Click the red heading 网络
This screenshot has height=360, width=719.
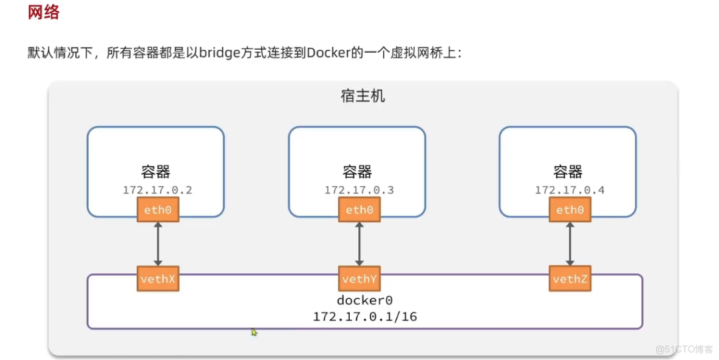(x=44, y=13)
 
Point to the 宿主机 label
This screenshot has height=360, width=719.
(x=363, y=97)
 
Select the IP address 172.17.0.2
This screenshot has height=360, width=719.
(x=157, y=190)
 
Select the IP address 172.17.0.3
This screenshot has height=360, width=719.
(x=359, y=190)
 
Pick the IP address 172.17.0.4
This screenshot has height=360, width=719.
(x=570, y=190)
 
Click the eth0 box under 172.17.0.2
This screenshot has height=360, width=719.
(x=158, y=210)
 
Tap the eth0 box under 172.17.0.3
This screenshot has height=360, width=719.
(x=359, y=210)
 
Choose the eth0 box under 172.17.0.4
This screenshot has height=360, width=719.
(x=570, y=210)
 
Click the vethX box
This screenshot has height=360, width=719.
(x=158, y=279)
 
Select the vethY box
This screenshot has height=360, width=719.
(x=359, y=279)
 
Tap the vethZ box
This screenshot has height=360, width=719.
(x=570, y=279)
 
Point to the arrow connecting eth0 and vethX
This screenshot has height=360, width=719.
(x=158, y=244)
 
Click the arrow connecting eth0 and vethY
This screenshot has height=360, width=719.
(x=359, y=244)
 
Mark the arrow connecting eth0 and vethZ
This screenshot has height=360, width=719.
(x=570, y=244)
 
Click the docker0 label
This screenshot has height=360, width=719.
(x=364, y=301)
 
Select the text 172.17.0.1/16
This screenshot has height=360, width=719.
(x=364, y=316)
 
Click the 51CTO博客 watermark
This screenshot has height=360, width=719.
(x=684, y=349)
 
